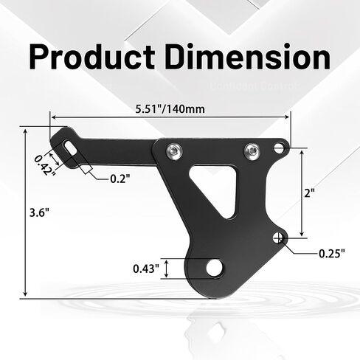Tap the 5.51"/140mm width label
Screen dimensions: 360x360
click(170, 109)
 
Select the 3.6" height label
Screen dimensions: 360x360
click(38, 213)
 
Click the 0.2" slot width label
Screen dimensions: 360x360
click(120, 179)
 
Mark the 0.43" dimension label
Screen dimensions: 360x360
click(147, 269)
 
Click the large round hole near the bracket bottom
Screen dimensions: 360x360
click(214, 268)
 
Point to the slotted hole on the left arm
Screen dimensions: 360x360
click(69, 147)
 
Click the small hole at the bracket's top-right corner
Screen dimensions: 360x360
click(280, 148)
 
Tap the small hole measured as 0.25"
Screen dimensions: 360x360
click(279, 238)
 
